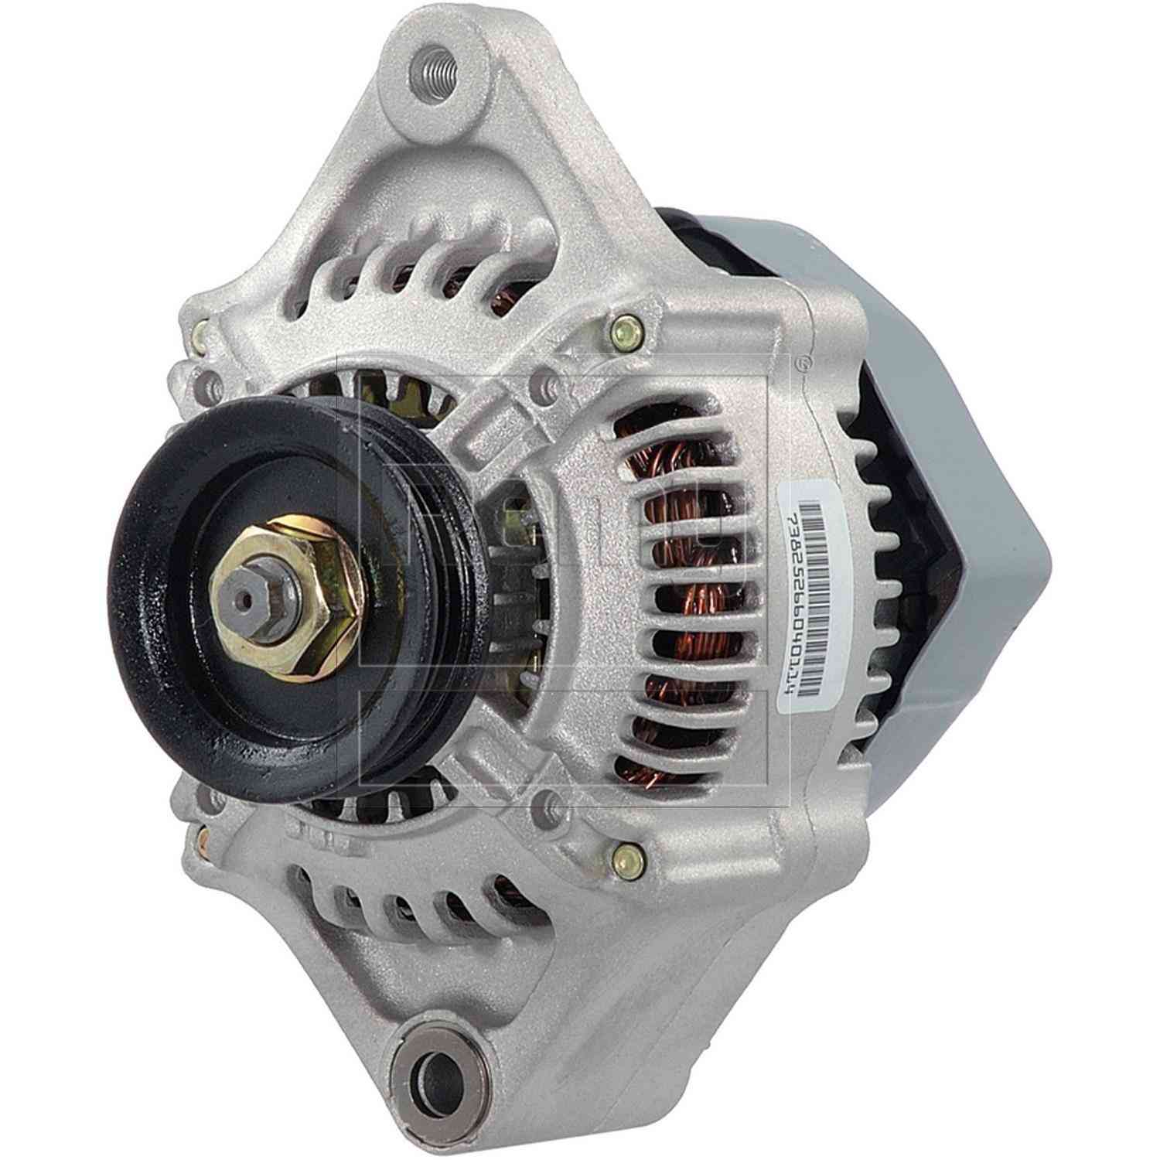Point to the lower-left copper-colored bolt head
(x=203, y=838)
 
